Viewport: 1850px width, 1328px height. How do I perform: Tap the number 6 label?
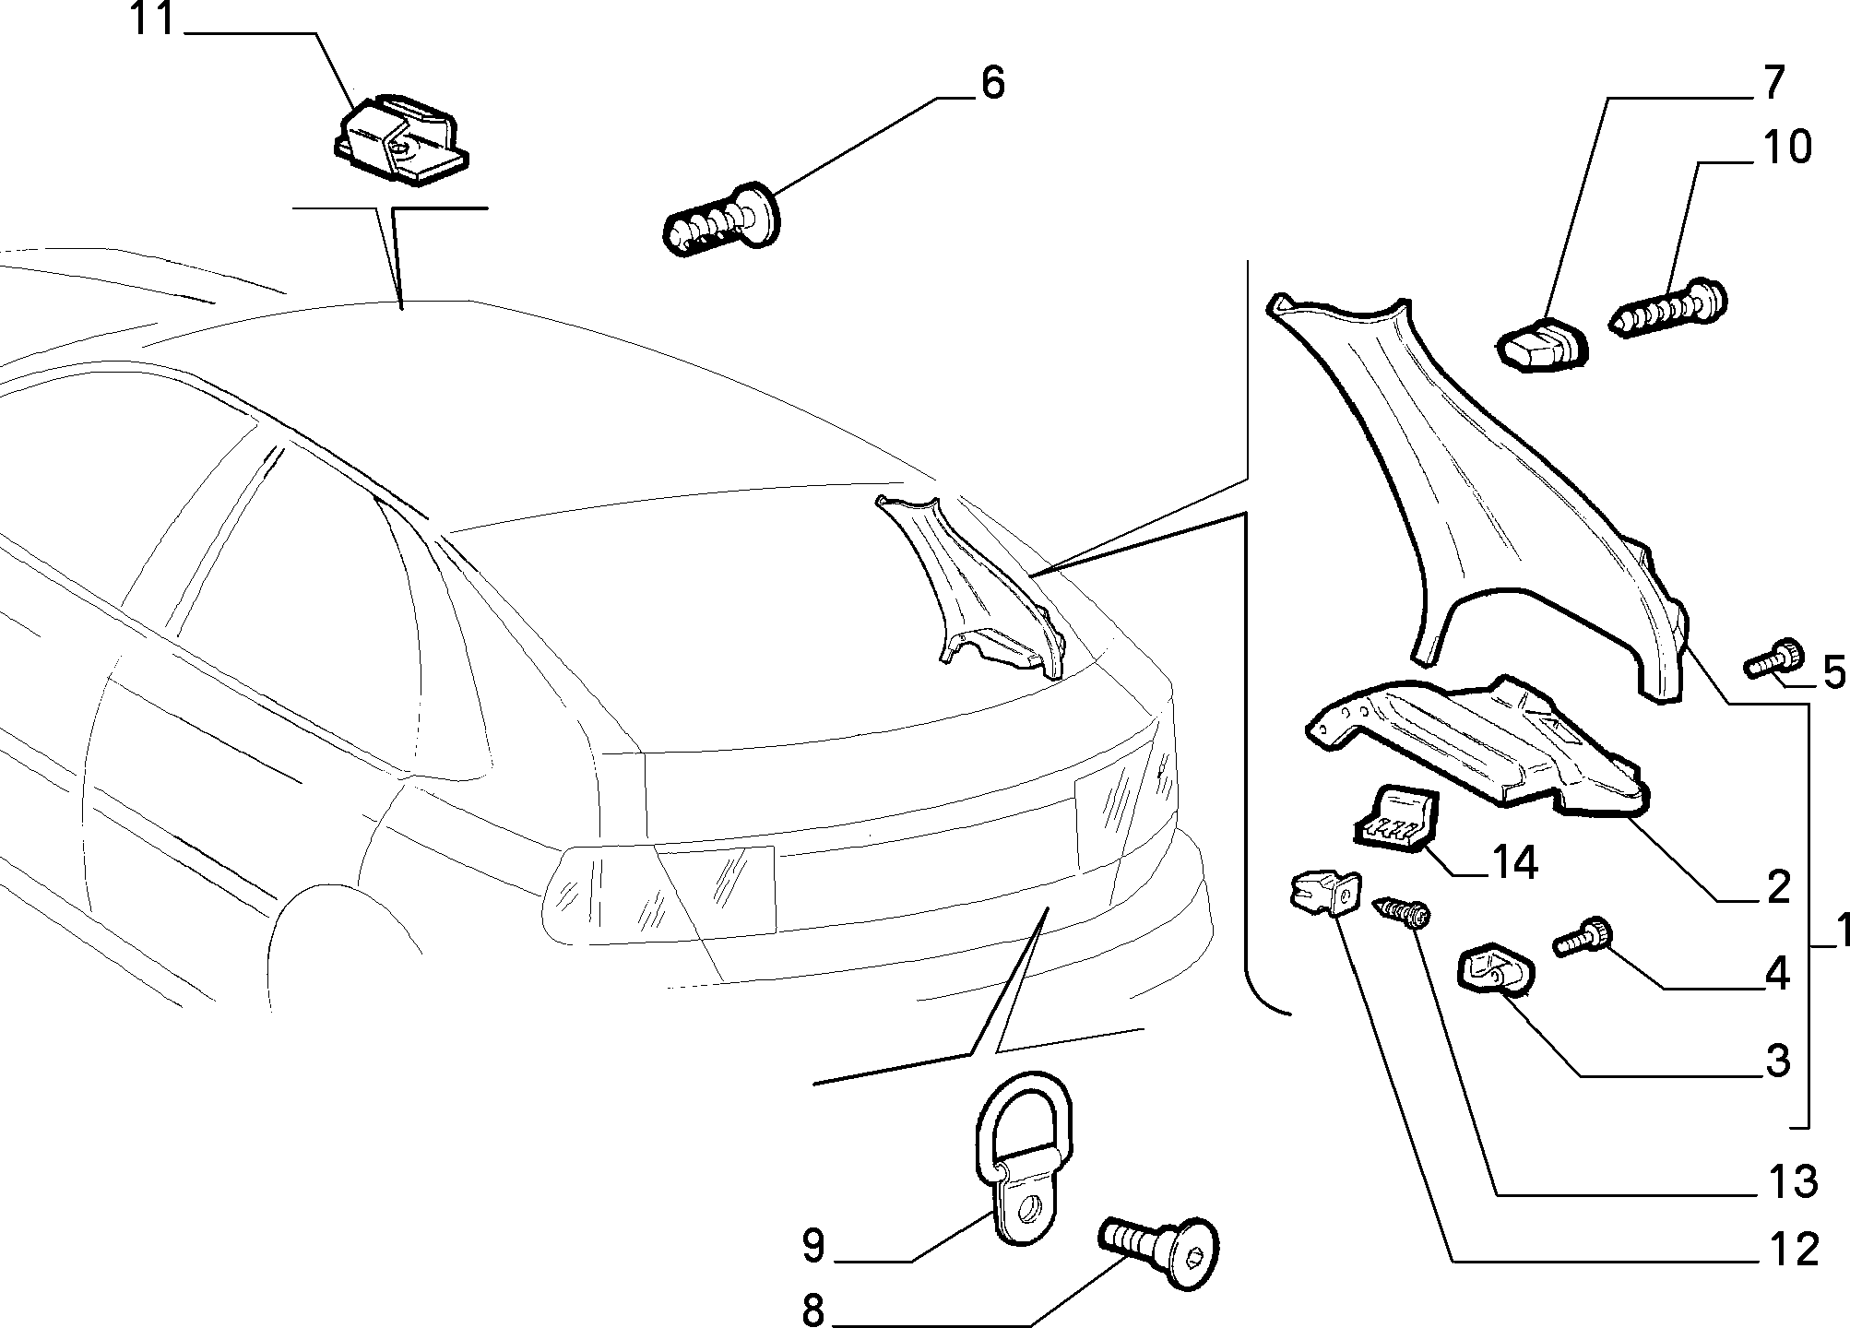pyautogui.click(x=991, y=83)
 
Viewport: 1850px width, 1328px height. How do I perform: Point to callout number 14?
pyautogui.click(x=1512, y=864)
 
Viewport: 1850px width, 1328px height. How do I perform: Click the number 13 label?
pyautogui.click(x=1791, y=1181)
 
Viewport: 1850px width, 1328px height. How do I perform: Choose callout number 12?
pyautogui.click(x=1791, y=1250)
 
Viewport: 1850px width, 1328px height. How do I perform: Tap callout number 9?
pyautogui.click(x=812, y=1246)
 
